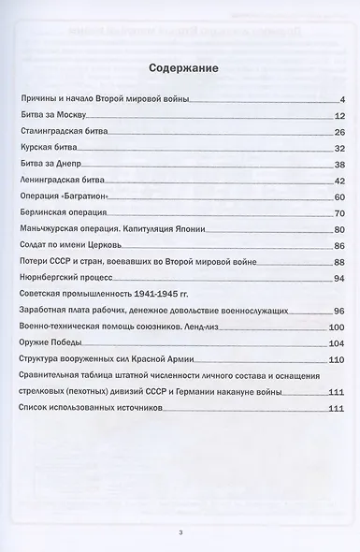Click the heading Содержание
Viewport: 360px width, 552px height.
180,69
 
